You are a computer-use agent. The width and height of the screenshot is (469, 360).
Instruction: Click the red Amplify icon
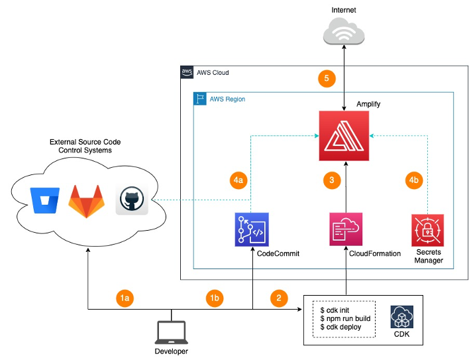click(x=344, y=136)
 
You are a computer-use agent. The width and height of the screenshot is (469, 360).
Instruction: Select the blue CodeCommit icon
click(x=252, y=229)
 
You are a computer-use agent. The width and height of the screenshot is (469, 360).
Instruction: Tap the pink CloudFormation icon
click(x=345, y=229)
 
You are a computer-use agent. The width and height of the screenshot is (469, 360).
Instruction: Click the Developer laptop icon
click(x=171, y=331)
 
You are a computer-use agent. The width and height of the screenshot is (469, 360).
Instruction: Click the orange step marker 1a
click(x=125, y=298)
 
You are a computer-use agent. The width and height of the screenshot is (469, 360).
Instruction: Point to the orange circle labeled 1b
click(x=215, y=298)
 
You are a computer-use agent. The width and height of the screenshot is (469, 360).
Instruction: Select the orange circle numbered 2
click(x=280, y=298)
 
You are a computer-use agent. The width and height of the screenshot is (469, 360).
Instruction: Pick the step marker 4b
click(x=413, y=180)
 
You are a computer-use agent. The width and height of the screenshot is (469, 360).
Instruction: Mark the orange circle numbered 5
click(x=326, y=79)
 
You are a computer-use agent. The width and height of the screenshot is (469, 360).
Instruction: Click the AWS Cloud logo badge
click(x=187, y=72)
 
